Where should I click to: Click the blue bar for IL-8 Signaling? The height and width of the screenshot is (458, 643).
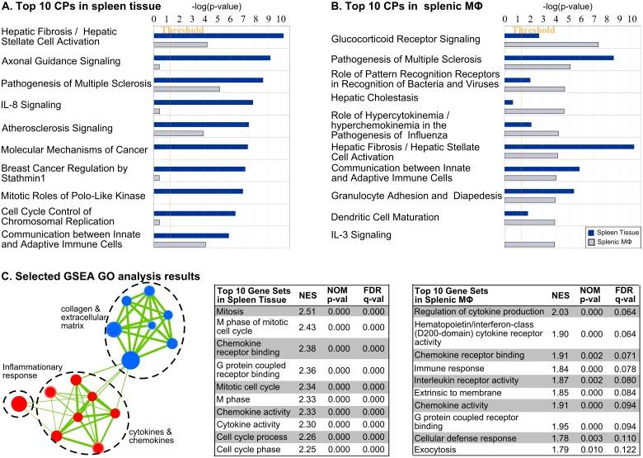pos(203,102)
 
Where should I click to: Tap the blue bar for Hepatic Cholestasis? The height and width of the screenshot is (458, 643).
pos(509,102)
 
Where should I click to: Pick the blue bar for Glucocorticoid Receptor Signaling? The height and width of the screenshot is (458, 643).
pos(521,35)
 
